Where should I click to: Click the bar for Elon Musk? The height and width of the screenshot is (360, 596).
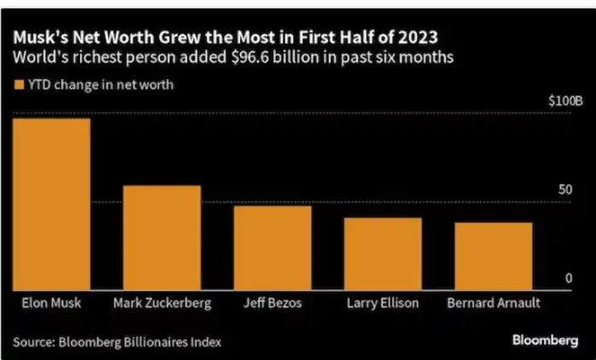point(51,203)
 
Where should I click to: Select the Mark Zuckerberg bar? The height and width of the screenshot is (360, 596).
point(162,237)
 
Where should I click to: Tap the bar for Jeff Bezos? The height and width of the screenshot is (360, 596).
point(272,248)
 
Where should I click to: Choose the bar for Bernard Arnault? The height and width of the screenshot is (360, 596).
point(493,256)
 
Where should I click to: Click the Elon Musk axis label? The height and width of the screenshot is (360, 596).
point(48,303)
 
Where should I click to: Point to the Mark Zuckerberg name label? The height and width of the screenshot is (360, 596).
point(162,303)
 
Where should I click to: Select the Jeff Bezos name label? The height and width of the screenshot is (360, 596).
point(272,303)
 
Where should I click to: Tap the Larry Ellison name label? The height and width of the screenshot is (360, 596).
point(382,303)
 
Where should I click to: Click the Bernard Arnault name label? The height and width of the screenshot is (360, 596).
point(493,303)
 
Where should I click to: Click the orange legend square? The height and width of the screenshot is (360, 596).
point(18,84)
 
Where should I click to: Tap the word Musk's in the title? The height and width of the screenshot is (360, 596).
point(37,38)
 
